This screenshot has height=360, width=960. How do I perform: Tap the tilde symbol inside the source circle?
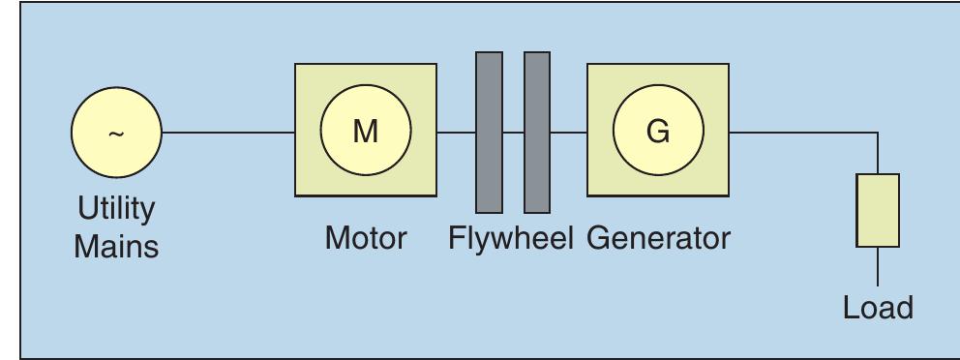pos(116,134)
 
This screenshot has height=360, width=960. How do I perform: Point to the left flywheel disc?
pos(489,133)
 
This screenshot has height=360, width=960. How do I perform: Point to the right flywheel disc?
pos(537,133)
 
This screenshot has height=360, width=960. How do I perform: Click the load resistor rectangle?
pos(878,210)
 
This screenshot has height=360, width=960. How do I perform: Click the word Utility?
pos(116,209)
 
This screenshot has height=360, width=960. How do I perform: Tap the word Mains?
pos(116,246)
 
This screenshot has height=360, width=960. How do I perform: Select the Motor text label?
pos(366,237)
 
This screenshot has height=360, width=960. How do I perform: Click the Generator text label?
pos(658,237)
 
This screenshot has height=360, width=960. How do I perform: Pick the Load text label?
pos(878,308)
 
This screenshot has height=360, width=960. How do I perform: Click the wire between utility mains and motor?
pos(228,133)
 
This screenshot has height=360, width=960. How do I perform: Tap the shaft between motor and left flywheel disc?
pos(456,133)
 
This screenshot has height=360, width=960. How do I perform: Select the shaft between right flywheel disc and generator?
pos(568,133)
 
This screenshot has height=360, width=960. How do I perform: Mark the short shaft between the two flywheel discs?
pos(513,133)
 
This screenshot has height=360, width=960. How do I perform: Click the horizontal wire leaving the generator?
pos(803,133)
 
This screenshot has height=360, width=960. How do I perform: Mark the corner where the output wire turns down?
pos(878,133)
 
